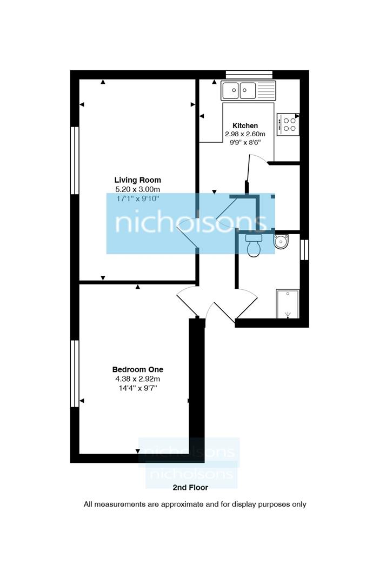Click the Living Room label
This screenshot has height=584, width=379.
click(x=137, y=180)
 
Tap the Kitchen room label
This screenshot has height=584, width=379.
click(x=245, y=125)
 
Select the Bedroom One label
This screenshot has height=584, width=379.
click(x=137, y=369)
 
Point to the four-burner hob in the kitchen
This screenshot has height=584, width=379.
click(x=288, y=124)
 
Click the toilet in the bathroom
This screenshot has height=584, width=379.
click(x=253, y=245)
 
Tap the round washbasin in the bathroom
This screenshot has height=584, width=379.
click(x=282, y=241)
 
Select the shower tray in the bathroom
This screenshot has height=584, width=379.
click(x=287, y=304)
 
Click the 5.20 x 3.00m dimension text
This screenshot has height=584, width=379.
click(x=137, y=189)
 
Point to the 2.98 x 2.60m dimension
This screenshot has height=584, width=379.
click(x=245, y=134)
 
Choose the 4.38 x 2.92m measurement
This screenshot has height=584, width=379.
click(x=137, y=379)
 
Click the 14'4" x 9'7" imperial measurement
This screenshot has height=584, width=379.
click(x=137, y=388)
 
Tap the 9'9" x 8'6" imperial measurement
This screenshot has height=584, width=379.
click(x=245, y=143)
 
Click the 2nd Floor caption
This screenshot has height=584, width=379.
click(x=190, y=487)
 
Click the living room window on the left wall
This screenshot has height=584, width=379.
click(x=75, y=161)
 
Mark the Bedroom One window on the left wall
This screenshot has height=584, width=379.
click(x=75, y=373)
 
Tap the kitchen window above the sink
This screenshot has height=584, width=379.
click(x=249, y=74)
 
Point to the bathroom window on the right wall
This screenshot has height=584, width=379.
click(x=304, y=249)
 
